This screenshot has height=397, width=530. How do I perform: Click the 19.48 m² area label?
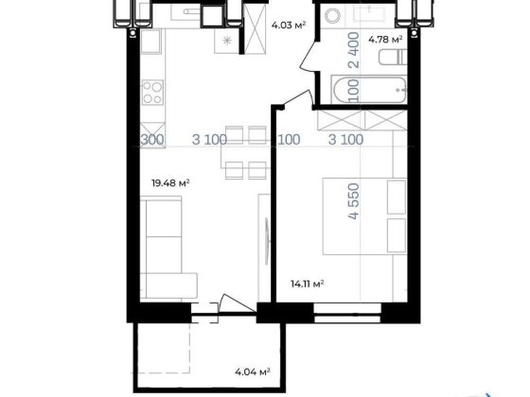tap(170, 183)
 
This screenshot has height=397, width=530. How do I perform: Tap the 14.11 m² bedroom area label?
tap(308, 284)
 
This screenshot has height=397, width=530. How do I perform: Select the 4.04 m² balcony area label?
tap(253, 372)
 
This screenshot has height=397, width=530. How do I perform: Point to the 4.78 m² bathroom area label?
tap(385, 40)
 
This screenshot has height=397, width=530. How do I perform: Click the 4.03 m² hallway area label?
tap(289, 25)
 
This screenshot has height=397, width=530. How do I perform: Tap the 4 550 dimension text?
tap(354, 201)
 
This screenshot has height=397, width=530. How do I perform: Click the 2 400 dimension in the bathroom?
tap(354, 50)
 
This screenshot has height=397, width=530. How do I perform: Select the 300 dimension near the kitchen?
tap(152, 140)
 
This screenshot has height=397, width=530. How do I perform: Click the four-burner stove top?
tap(152, 93)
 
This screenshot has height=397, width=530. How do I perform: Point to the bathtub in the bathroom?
tap(369, 90)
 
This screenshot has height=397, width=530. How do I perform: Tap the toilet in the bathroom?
tap(393, 58)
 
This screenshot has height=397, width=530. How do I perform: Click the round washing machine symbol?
tap(332, 15)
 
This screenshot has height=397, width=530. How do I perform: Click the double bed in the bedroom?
tap(364, 216)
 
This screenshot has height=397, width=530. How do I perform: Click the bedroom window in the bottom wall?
tap(347, 313)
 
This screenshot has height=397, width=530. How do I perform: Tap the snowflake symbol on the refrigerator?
tap(227, 41)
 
